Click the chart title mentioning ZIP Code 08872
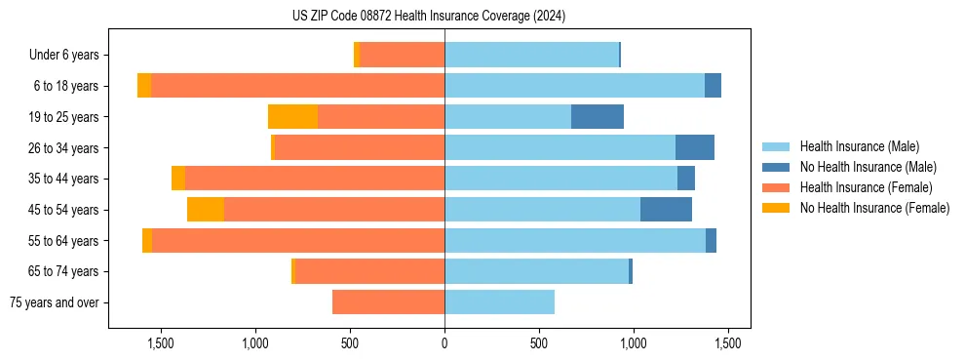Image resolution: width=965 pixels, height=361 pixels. coord(429,16)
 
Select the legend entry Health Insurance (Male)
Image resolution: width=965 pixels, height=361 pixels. coord(859,146)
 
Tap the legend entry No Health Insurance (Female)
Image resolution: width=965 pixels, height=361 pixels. coord(874,208)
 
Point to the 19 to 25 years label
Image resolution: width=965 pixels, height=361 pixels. coord(64,117)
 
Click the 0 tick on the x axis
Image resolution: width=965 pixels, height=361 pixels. coord(444,344)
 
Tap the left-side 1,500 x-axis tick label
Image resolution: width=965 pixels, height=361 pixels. coord(160,344)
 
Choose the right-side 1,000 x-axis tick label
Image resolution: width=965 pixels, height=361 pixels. coord(634,344)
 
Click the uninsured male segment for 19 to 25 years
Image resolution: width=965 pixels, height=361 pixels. coord(598,117)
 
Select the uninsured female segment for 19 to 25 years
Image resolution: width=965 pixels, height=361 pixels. coord(292,117)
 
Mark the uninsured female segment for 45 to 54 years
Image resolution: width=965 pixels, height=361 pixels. coord(206,210)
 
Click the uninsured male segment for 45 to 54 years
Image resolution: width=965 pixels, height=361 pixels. coord(666,210)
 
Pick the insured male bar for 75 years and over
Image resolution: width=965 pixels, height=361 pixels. coord(499,302)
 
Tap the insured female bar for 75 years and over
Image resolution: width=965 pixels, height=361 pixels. coord(388,302)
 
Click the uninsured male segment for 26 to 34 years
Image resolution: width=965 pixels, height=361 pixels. coord(695,147)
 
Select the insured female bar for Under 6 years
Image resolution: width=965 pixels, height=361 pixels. coord(402,55)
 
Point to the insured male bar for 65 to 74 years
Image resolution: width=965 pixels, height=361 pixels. coord(536,271)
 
